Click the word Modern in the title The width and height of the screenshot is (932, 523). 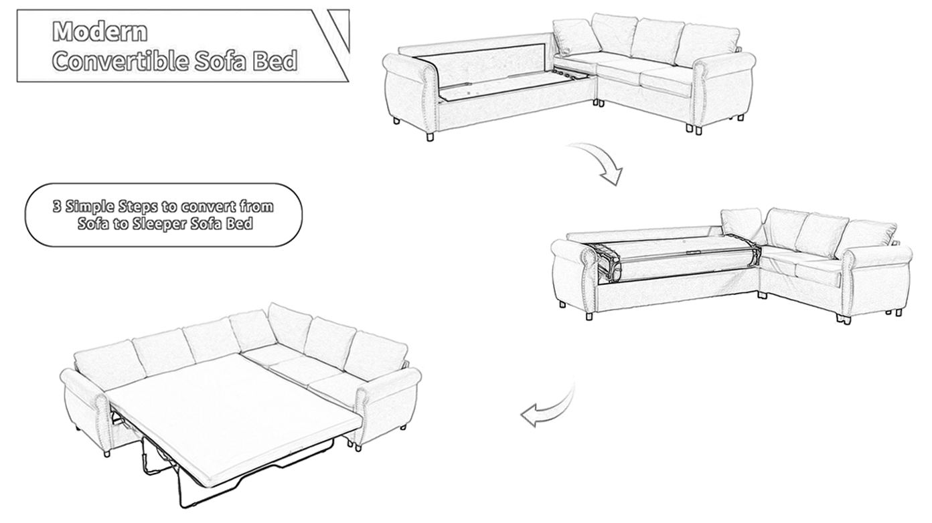point(100,31)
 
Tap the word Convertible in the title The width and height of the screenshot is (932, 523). point(121,61)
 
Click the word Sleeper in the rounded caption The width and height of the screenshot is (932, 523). point(159,223)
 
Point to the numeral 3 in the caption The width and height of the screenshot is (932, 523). point(57,206)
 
